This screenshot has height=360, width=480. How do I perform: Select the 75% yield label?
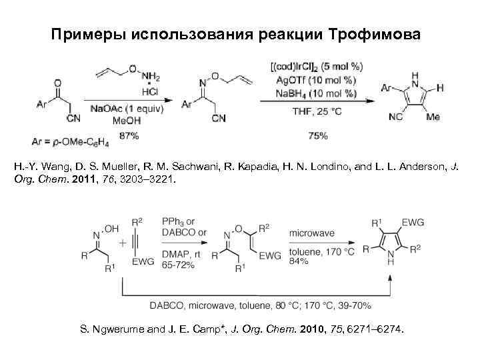tap(318, 135)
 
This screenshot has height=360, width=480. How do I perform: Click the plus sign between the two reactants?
tap(122, 243)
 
